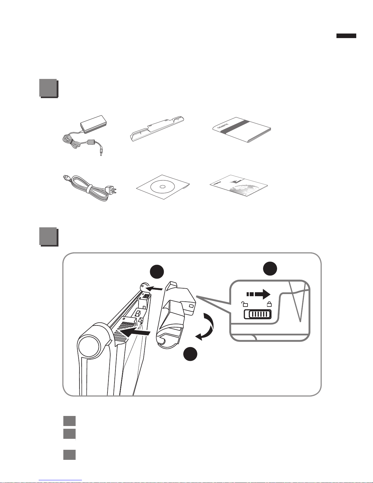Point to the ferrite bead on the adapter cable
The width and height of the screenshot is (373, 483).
coord(90,142)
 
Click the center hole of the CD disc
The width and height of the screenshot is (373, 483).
coord(162,186)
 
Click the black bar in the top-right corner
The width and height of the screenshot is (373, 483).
coord(346,36)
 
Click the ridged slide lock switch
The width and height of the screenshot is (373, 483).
coord(257,314)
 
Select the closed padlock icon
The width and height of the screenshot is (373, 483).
coord(269,304)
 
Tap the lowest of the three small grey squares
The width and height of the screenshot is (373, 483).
coord(69,455)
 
